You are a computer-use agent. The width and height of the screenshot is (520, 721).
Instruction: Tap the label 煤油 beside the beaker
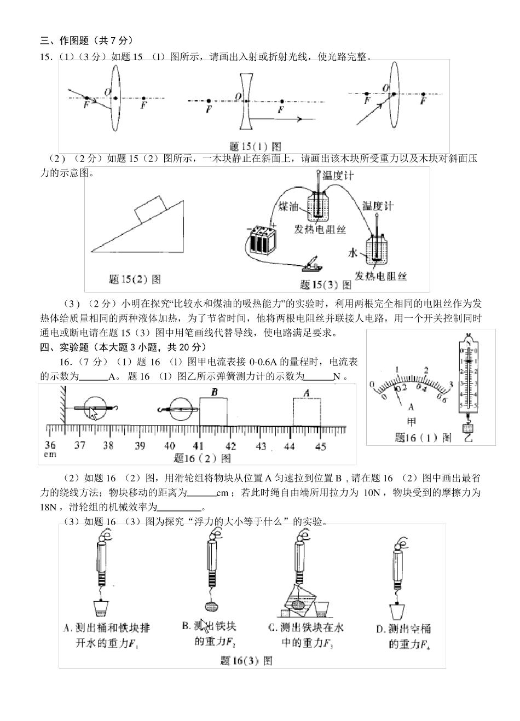click(x=288, y=206)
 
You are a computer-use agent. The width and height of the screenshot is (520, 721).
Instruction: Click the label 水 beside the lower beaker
click(x=353, y=253)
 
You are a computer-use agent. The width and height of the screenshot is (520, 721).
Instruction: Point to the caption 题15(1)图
click(x=256, y=147)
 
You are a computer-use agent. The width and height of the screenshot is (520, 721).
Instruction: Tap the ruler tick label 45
click(x=321, y=446)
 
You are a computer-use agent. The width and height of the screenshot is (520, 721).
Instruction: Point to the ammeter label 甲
click(x=411, y=422)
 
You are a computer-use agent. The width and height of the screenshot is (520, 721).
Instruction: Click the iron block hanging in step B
click(x=210, y=607)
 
